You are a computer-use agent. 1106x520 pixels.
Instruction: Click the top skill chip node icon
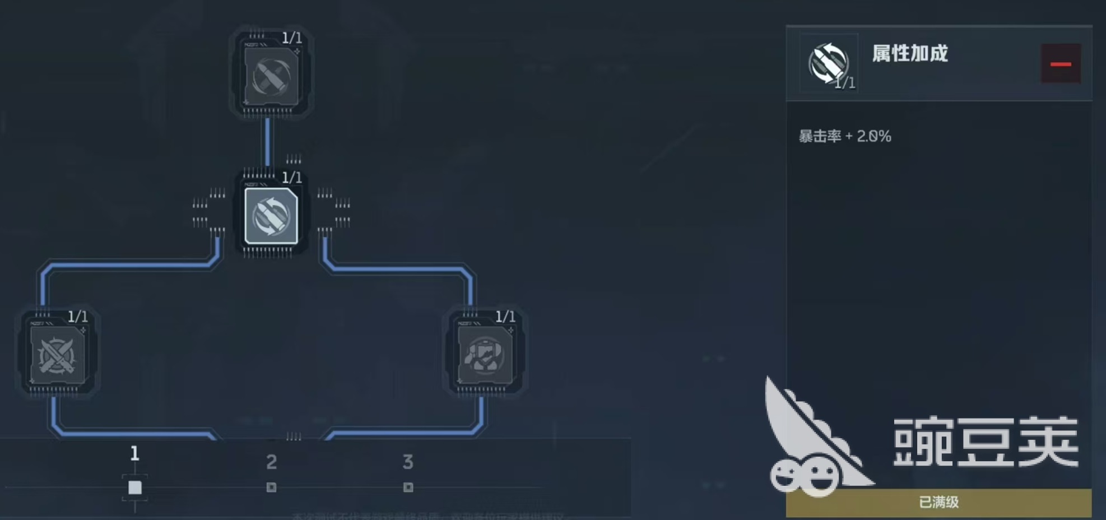click(x=271, y=76)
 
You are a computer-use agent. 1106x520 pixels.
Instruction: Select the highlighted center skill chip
click(x=271, y=216)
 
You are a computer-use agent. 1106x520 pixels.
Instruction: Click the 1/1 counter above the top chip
click(x=291, y=38)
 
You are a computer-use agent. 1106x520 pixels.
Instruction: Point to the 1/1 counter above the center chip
click(x=291, y=178)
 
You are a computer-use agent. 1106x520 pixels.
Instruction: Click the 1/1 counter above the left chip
click(x=77, y=317)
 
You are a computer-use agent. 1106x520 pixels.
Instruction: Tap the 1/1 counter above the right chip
click(x=505, y=317)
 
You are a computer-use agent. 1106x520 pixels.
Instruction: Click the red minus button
click(x=1061, y=64)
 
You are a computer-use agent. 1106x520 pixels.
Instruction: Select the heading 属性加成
click(x=910, y=54)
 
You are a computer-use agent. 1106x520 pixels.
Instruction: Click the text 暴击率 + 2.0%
click(x=844, y=136)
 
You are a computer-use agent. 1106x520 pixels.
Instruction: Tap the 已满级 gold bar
click(x=938, y=502)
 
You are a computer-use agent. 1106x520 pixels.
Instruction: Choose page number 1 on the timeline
click(x=134, y=453)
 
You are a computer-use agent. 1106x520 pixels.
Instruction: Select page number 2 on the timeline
click(x=271, y=462)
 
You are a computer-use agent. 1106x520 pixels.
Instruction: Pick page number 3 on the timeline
click(x=408, y=462)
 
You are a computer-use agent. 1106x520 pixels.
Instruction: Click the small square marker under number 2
click(x=271, y=487)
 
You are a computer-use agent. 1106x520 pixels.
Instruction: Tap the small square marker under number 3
click(x=408, y=487)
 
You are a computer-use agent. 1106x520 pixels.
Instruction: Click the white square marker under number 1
click(x=134, y=487)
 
